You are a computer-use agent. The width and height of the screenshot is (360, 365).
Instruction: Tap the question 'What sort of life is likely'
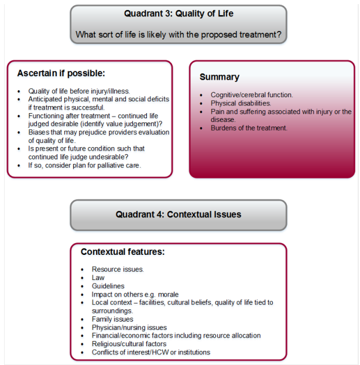tap(179, 35)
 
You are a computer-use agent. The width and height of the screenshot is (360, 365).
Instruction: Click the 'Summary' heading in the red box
tap(220, 77)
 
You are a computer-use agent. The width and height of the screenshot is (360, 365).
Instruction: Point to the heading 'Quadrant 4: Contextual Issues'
tap(179, 214)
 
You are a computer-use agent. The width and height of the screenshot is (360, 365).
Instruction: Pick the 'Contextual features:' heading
tap(122, 252)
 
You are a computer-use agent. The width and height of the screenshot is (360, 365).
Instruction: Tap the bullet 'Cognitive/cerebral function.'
tap(252, 95)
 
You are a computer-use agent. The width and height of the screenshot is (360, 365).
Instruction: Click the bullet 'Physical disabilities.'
tap(241, 103)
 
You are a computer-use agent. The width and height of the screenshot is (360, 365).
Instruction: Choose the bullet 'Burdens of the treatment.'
tap(249, 128)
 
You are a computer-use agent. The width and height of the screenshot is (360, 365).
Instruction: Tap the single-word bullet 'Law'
tap(98, 278)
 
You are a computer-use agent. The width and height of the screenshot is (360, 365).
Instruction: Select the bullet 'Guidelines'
tap(108, 286)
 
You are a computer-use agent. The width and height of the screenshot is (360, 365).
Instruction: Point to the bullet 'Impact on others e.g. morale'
tap(135, 294)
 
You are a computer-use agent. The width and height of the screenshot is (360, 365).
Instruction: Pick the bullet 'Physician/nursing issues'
tap(129, 328)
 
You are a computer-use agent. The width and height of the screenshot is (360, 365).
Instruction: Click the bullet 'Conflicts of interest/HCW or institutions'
tap(151, 352)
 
